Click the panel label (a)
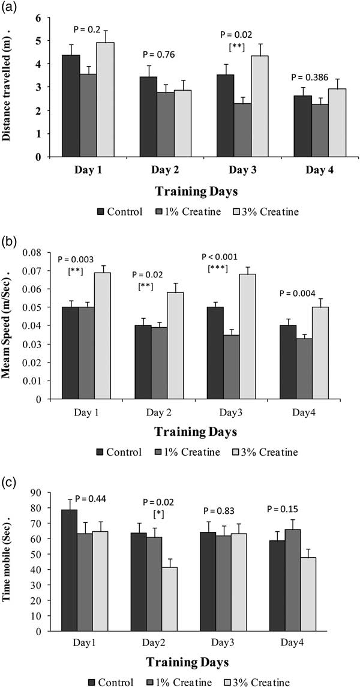tap(10, 7)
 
